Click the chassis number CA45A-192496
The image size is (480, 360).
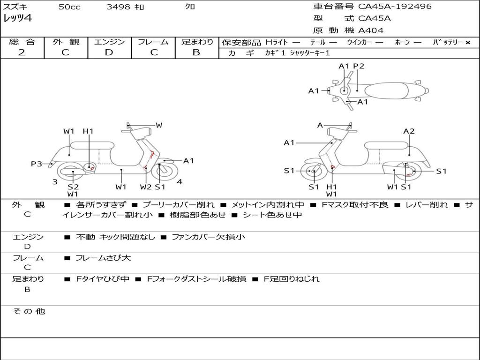coord(395,6)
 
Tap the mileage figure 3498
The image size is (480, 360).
coord(118,7)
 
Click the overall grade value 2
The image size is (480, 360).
coord(22,52)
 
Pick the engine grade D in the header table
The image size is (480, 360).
coord(109,52)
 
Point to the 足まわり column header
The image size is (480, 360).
coord(197,42)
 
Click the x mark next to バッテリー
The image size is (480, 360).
coord(468,43)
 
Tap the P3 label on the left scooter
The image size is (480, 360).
coord(37,164)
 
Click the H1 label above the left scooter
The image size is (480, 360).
coord(88,131)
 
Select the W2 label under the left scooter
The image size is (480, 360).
coord(146,187)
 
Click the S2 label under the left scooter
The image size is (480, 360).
coord(73,187)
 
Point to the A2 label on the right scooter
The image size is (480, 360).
coord(409,131)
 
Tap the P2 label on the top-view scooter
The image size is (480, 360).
coord(359,66)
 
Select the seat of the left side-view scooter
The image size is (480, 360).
coord(92,145)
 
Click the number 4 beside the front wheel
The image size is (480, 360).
coord(180,182)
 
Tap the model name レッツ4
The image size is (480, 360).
coord(17,18)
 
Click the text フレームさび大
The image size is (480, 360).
coord(103,258)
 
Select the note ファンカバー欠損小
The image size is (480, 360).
coord(209,237)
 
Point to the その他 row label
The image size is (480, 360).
coord(29,311)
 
